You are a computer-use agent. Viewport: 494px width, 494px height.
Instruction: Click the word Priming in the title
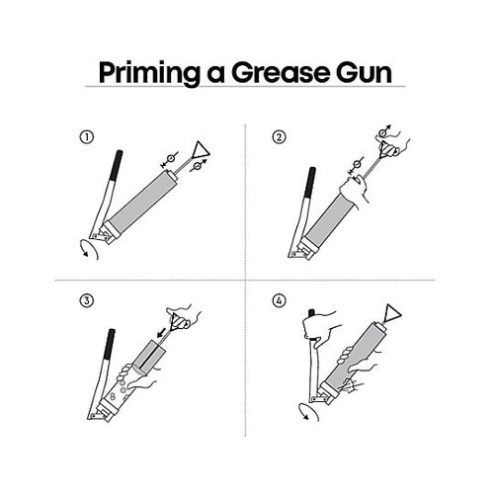pyautogui.click(x=149, y=73)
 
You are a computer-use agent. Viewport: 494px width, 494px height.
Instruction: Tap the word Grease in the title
pyautogui.click(x=280, y=72)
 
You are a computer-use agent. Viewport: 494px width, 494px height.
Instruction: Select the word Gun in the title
pyautogui.click(x=364, y=72)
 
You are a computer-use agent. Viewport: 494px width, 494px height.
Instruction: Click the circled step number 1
pyautogui.click(x=87, y=137)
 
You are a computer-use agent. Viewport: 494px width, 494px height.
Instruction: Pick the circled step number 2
pyautogui.click(x=280, y=137)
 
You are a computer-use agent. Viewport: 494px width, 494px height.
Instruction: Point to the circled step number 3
pyautogui.click(x=87, y=300)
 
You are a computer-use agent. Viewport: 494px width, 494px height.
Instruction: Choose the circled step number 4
pyautogui.click(x=280, y=300)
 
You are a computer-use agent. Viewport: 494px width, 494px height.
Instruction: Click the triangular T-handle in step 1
pyautogui.click(x=200, y=150)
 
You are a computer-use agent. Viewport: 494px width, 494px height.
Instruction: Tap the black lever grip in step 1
pyautogui.click(x=117, y=165)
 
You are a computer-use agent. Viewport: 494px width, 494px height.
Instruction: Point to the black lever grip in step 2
pyautogui.click(x=310, y=182)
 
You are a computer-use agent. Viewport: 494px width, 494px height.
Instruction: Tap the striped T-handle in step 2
pyautogui.click(x=388, y=149)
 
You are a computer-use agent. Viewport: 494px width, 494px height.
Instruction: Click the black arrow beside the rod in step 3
pyautogui.click(x=161, y=333)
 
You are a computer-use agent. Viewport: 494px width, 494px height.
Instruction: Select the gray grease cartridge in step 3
pyautogui.click(x=148, y=357)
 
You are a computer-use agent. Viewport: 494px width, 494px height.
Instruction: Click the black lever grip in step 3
pyautogui.click(x=110, y=344)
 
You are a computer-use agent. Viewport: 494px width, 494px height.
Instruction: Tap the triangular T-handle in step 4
pyautogui.click(x=392, y=313)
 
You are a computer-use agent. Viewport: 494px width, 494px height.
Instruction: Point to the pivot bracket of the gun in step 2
pyautogui.click(x=298, y=254)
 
